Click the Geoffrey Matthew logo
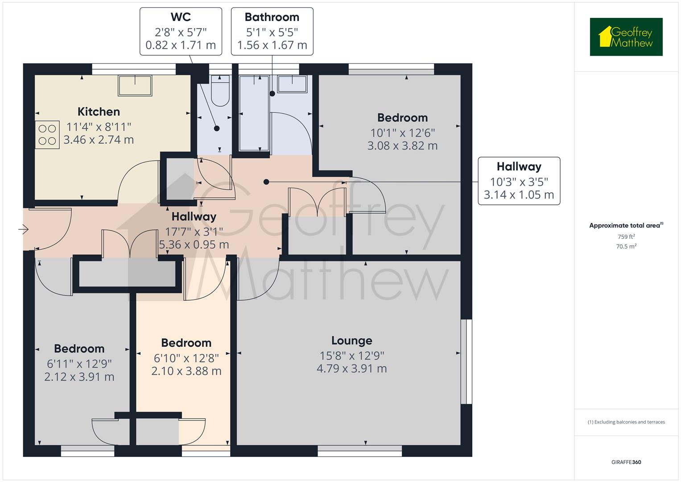coord(626,37)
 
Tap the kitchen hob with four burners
coord(47,135)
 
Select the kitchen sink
coord(135,85)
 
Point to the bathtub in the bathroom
coord(254,114)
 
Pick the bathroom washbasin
coord(293,83)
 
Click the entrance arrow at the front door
coord(23,229)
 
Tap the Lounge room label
coord(351,341)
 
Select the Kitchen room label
coord(99,112)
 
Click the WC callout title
coord(181,17)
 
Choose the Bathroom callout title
coord(272,17)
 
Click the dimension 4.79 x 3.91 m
coord(351,369)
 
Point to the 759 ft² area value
coord(626,237)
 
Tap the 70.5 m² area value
coord(626,246)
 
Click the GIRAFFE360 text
coord(626,462)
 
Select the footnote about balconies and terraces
coord(626,422)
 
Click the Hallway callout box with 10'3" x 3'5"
coord(519,181)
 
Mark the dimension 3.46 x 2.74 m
coord(99,140)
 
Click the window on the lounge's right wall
coord(466,361)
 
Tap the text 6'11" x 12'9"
coord(79,363)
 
